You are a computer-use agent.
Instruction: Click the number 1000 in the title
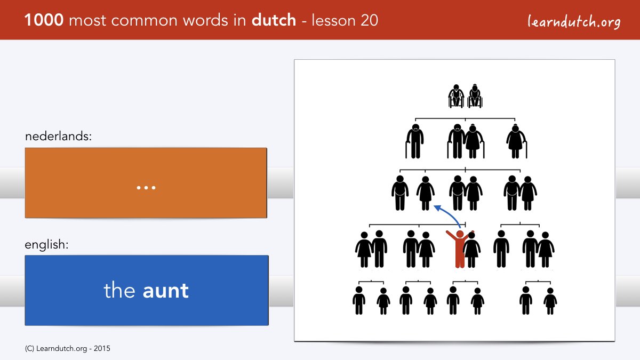[44, 20]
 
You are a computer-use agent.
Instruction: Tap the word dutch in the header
[274, 20]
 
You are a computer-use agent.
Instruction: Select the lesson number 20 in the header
[369, 20]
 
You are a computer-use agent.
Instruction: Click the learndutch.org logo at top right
[574, 22]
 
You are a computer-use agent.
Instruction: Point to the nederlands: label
[58, 136]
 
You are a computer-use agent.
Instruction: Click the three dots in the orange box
[146, 188]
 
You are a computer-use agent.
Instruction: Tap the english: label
[46, 245]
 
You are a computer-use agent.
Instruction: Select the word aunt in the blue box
[166, 291]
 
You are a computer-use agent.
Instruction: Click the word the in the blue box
[119, 290]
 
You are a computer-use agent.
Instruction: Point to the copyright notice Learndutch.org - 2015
[67, 349]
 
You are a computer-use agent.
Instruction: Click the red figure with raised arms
[459, 249]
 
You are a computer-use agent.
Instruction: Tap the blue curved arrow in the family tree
[447, 215]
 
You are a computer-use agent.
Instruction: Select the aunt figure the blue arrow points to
[426, 193]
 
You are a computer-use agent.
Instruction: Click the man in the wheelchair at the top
[456, 96]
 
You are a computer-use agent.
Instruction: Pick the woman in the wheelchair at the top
[475, 96]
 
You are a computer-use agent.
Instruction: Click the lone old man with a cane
[414, 141]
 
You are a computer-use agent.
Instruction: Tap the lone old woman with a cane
[516, 141]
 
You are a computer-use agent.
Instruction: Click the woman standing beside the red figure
[471, 250]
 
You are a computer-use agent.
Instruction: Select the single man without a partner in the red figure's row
[501, 249]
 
